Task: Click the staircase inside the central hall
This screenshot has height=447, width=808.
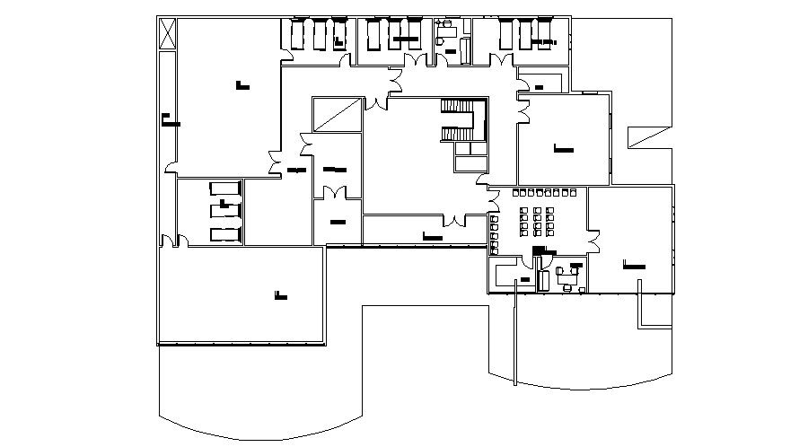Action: (458, 121)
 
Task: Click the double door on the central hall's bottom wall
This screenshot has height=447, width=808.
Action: (457, 219)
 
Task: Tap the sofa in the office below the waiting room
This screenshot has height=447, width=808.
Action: (542, 280)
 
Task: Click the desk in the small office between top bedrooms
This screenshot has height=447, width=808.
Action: (446, 31)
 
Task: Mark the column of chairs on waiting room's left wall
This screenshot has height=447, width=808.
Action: (494, 229)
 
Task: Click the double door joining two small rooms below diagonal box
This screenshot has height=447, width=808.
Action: (336, 191)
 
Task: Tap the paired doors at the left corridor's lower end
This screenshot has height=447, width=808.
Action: (171, 240)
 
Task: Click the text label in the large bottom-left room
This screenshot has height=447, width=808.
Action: (281, 294)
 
